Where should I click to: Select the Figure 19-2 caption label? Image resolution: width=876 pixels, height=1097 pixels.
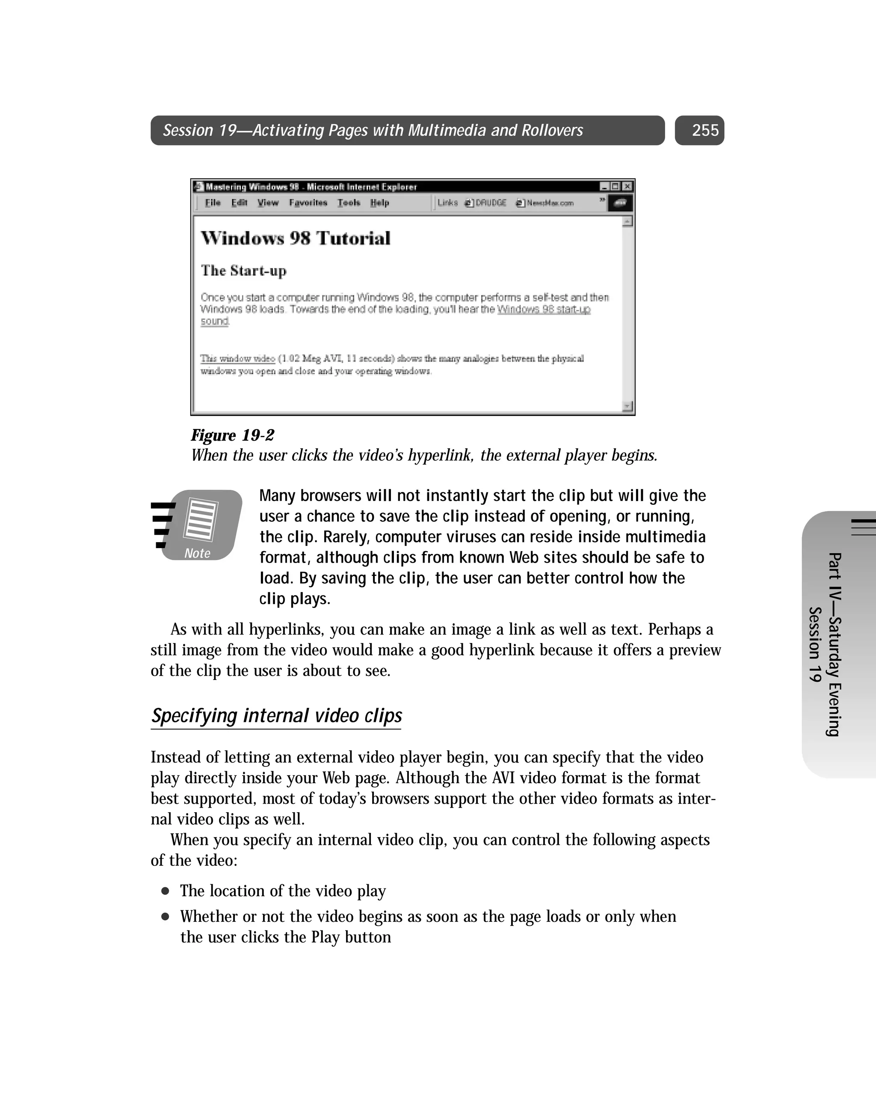point(232,435)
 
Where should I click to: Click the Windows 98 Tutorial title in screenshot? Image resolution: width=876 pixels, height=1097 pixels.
point(296,238)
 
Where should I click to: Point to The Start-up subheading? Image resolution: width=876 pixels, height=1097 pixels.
point(243,271)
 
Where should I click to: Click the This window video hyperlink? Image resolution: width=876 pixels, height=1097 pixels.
point(237,359)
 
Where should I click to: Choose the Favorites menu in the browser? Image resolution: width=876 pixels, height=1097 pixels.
point(308,203)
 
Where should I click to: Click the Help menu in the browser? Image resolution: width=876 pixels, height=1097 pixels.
point(379,203)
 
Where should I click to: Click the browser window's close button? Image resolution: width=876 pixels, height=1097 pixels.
point(628,187)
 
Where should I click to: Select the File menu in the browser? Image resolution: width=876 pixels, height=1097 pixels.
point(213,203)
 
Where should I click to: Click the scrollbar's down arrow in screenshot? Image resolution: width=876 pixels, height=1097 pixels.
point(627,405)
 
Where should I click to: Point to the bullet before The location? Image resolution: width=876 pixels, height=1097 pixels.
point(165,891)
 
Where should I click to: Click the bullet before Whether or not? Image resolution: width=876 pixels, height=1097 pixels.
point(165,917)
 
